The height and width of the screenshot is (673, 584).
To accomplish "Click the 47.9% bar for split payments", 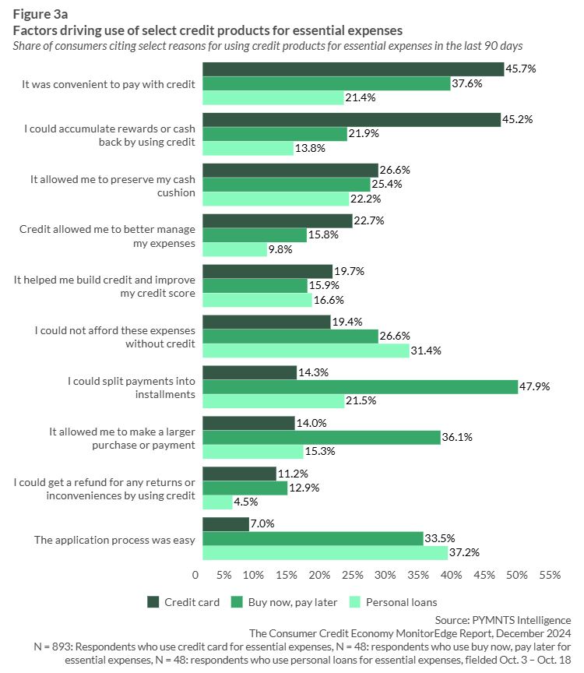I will click(x=360, y=387).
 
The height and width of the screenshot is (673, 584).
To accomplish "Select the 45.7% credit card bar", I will click(x=353, y=69).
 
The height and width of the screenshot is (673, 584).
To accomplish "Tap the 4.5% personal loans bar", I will click(x=217, y=502).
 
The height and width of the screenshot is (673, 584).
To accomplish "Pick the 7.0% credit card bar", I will click(x=226, y=524).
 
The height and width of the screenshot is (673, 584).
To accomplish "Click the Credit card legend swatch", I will click(x=154, y=602).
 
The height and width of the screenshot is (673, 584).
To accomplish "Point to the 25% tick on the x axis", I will click(x=352, y=576).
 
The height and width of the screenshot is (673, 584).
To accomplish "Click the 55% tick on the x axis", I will click(x=550, y=576).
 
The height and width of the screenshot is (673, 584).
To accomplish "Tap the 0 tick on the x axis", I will click(x=195, y=576).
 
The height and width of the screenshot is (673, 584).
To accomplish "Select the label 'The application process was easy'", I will click(x=114, y=539).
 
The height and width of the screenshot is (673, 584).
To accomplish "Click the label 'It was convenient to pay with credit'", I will click(x=108, y=83).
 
